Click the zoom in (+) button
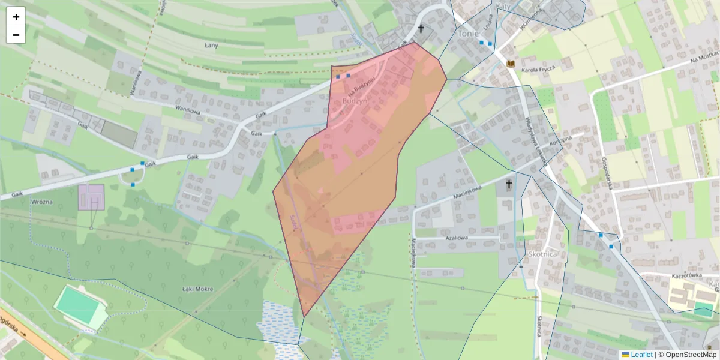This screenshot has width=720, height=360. [16, 17]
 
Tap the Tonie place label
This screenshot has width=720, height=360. [468, 34]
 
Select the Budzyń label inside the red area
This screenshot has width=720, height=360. [353, 101]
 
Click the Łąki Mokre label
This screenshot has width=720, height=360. [197, 289]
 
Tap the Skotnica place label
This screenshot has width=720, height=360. [543, 254]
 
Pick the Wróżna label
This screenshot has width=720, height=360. [43, 202]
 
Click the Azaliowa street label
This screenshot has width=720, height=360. [456, 238]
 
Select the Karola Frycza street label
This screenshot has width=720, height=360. [539, 70]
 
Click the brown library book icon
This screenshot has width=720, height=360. [511, 64]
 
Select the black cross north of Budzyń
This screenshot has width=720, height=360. [421, 29]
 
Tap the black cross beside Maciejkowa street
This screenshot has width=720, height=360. [509, 184]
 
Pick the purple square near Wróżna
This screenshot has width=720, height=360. [91, 197]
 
